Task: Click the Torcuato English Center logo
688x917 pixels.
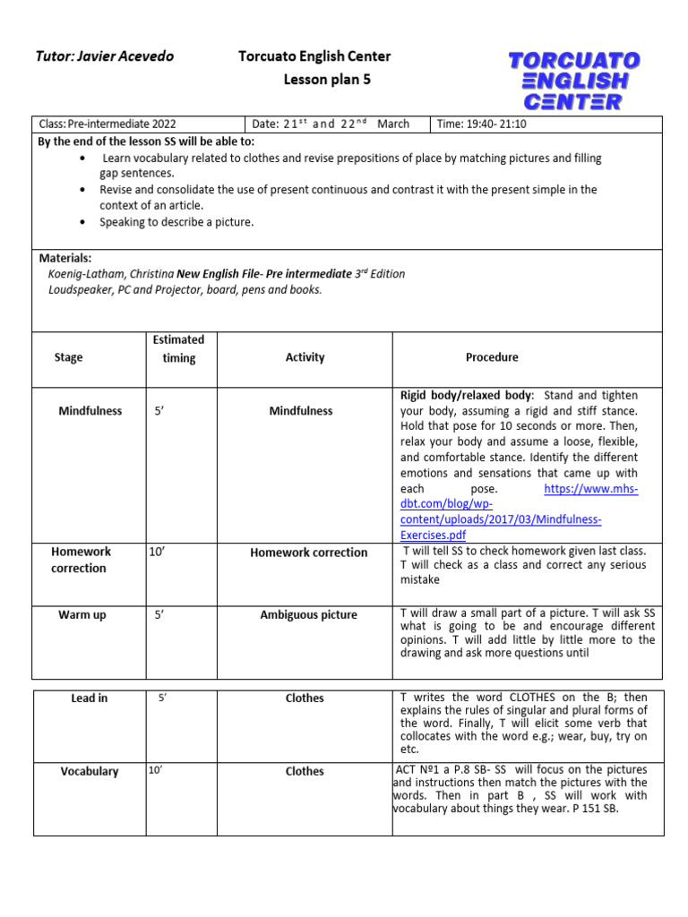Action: coord(574,81)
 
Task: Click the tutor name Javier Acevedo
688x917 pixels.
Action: coord(104,56)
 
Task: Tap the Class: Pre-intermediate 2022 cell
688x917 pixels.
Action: coord(107,124)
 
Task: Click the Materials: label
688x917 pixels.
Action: coord(64,257)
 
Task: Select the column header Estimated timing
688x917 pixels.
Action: coord(178,348)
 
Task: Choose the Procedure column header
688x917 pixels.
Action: coord(492,357)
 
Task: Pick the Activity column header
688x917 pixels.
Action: coord(305,357)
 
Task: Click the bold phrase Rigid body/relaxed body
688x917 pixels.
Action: coord(467,395)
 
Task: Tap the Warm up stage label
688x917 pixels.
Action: coord(82,615)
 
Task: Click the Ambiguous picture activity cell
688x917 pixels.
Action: coord(308,615)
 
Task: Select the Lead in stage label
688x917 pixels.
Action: coord(89,698)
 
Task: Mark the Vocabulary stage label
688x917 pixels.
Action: coord(89,771)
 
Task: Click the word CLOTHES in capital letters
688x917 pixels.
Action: coord(537,698)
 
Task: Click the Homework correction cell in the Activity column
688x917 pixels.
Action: coord(308,553)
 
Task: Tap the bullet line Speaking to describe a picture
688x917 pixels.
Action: coord(176,222)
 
